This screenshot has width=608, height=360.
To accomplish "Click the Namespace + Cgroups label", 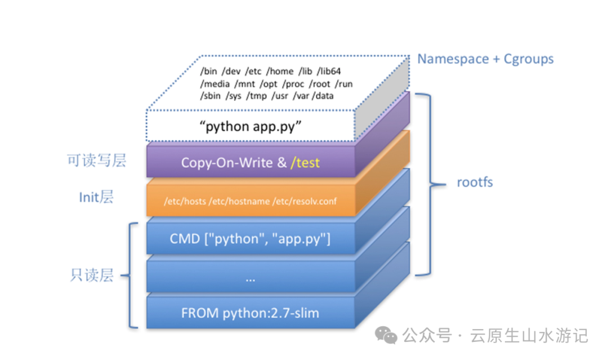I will tap(485, 59).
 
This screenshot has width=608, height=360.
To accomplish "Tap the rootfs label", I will tap(475, 182).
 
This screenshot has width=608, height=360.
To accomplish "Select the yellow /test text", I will tap(305, 162).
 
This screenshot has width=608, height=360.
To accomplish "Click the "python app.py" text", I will tap(251, 126).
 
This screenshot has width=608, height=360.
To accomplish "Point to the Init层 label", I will tap(96, 197).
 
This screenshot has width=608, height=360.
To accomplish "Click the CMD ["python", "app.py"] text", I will tap(251, 238).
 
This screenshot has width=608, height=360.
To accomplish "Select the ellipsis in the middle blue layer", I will tap(251, 278).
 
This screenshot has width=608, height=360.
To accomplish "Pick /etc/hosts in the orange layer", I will tap(181, 201).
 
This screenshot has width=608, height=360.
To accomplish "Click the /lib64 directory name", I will tap(332, 72).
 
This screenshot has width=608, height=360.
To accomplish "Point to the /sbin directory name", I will tap(210, 96).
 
